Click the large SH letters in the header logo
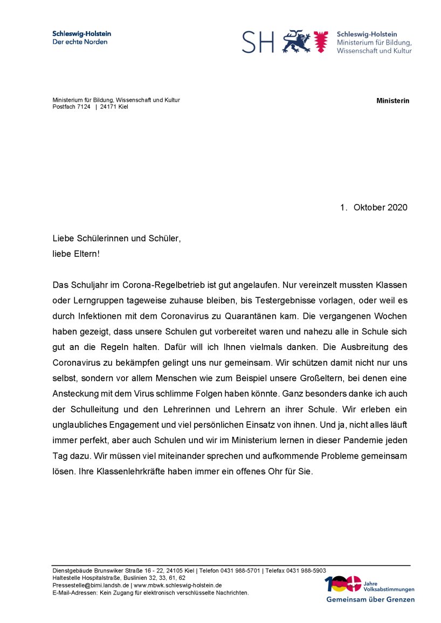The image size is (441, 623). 258,41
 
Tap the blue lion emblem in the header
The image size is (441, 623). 297,41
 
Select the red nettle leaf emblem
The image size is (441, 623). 321,41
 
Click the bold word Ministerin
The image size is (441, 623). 392,101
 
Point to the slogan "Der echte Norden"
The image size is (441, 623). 80,42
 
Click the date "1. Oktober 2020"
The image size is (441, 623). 374,207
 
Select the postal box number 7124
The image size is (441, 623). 83,107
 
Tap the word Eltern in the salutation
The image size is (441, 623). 85,253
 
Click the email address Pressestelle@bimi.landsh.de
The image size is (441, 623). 91,585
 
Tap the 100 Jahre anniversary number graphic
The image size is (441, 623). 342,584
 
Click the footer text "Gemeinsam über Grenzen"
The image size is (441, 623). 370,599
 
